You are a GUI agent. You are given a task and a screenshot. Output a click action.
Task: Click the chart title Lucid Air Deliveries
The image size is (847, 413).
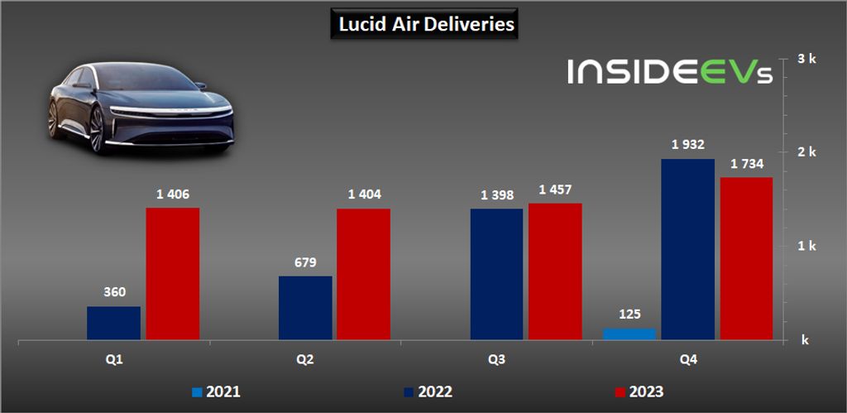click(x=426, y=24)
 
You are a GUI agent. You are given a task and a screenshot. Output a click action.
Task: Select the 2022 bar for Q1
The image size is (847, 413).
click(x=113, y=323)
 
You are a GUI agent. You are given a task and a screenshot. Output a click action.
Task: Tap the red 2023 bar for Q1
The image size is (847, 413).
click(x=173, y=273)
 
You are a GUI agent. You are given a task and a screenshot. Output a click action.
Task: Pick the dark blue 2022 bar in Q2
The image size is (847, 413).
click(x=305, y=308)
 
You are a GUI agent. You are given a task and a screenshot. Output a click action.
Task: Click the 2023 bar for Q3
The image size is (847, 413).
click(x=555, y=271)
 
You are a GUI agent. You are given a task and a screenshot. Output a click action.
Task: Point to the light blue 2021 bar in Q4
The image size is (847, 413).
click(x=629, y=334)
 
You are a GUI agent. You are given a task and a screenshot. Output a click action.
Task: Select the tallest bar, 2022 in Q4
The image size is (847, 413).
click(x=688, y=249)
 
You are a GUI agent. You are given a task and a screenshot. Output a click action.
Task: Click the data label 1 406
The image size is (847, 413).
click(x=173, y=194)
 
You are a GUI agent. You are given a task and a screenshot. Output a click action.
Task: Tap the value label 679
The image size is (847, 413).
click(x=305, y=263)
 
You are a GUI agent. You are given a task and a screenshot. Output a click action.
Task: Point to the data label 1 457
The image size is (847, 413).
click(x=555, y=190)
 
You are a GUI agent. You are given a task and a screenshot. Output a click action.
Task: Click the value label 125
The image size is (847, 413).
click(x=629, y=315)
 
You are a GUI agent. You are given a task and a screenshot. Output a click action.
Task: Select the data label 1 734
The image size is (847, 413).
click(x=747, y=164)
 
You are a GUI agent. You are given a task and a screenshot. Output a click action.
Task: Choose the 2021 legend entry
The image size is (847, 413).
click(x=218, y=391)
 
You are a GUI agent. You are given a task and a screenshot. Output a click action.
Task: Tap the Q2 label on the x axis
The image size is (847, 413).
click(x=305, y=359)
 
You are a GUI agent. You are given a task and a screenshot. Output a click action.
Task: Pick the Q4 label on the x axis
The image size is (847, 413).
click(x=687, y=359)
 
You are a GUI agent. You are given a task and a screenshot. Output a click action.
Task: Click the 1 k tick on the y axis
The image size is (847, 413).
click(x=806, y=246)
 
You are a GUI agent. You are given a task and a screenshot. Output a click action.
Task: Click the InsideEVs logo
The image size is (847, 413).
click(x=670, y=71)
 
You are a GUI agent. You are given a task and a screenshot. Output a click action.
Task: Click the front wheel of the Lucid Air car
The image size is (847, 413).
click(x=98, y=131)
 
